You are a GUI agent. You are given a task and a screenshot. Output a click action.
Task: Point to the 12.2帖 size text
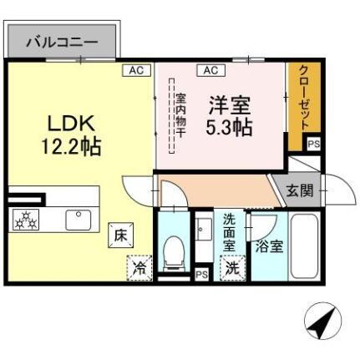pos(71,147)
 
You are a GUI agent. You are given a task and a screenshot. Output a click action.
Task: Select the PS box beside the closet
pos(313,145)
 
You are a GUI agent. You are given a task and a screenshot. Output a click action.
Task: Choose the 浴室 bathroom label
pos(268,246)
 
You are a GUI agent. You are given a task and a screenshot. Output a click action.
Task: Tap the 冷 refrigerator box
pos(138,269)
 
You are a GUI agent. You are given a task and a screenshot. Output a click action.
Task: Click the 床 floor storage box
pos(119,236)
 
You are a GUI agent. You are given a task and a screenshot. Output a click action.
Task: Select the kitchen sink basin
pos(79,221)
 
